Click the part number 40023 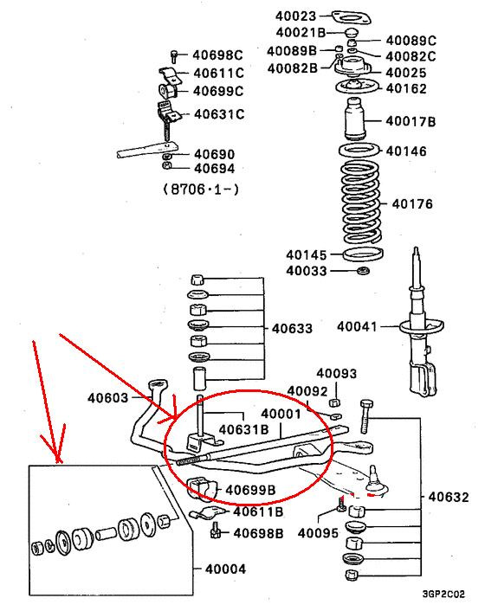click(x=295, y=16)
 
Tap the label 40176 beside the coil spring click(x=412, y=203)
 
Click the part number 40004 click(x=225, y=569)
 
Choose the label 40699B click(x=250, y=490)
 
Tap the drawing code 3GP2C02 click(x=443, y=595)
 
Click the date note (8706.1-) click(x=200, y=190)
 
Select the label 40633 click(x=292, y=329)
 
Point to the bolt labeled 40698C click(x=174, y=56)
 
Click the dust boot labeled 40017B click(x=355, y=119)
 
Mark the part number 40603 click(x=107, y=398)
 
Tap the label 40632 click(x=449, y=498)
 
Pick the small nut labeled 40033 click(x=364, y=270)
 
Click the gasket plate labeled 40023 click(x=352, y=17)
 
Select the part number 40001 click(x=281, y=414)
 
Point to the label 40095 click(x=318, y=533)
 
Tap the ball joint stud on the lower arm click(x=374, y=479)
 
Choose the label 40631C click(x=219, y=114)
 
